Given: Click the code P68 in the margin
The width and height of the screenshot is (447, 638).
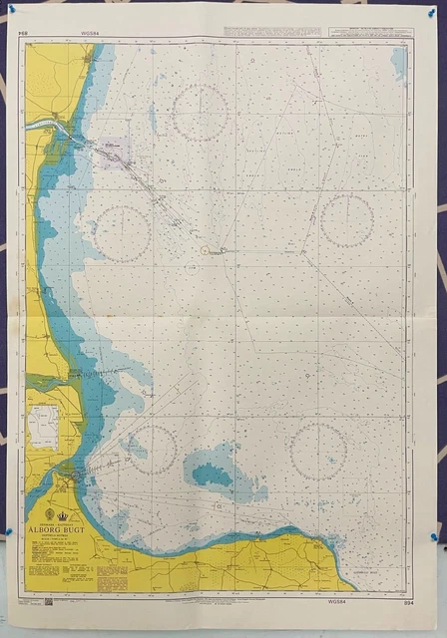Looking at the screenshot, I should tap(22, 32).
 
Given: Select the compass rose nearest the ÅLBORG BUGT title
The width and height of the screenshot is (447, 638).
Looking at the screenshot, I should tap(150, 449).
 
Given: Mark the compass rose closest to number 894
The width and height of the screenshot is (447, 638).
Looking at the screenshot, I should tap(318, 451).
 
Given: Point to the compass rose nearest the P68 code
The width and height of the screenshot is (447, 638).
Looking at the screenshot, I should tap(200, 112).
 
